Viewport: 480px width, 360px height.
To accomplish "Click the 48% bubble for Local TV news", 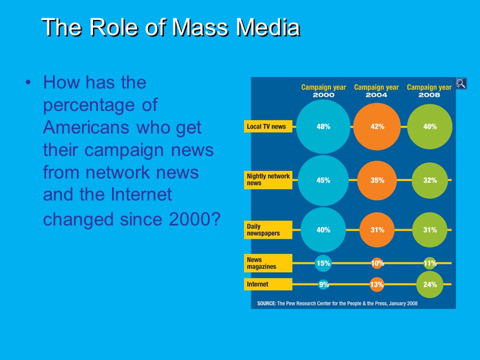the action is [323, 126].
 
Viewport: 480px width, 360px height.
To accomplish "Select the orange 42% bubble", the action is [377, 126].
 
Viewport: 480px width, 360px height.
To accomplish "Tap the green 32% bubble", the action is [430, 180].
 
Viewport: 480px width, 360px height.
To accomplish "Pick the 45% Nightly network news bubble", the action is [323, 180].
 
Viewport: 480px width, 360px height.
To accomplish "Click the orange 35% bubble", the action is [377, 180].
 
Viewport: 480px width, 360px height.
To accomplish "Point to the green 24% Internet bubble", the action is [430, 284].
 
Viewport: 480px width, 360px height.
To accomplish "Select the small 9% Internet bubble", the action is [323, 284].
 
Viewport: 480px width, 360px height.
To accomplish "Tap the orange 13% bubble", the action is [377, 284].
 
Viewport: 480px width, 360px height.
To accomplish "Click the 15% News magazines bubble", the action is [323, 263].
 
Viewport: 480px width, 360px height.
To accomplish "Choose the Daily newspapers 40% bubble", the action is [323, 230].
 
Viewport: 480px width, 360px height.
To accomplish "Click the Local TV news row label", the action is [268, 126].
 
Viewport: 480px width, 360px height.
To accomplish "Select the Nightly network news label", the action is [268, 179].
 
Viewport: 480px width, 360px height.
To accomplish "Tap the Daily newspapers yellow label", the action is [268, 229].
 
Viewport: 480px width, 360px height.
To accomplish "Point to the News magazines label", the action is [268, 263].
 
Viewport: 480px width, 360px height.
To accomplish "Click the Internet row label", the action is [268, 284].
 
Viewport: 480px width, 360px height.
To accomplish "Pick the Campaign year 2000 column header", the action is [323, 91].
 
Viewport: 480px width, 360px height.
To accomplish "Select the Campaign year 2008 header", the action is [429, 91].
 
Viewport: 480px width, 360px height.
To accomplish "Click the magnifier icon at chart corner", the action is [461, 83].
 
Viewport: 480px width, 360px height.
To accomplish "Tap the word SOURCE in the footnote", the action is [266, 303].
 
